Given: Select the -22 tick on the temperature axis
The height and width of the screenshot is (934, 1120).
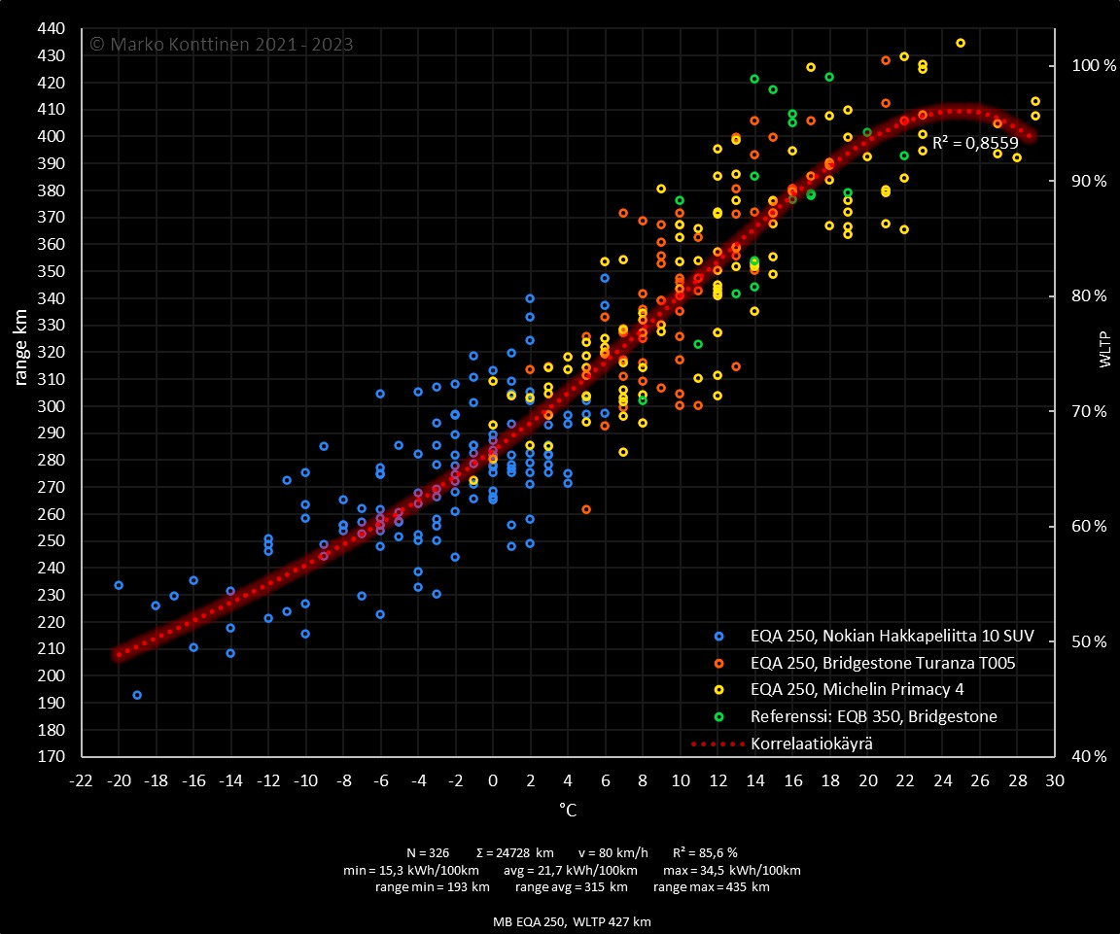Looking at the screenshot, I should [x=81, y=780].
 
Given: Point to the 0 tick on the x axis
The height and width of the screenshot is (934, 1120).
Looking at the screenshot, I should [x=493, y=780].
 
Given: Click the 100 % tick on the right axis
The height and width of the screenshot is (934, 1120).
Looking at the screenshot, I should [x=1088, y=65].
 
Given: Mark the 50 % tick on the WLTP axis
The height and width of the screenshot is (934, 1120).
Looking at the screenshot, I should [x=1088, y=641].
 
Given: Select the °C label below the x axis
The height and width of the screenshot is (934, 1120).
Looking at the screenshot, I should [x=568, y=809].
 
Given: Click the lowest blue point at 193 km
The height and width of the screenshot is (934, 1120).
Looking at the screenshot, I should [x=137, y=695].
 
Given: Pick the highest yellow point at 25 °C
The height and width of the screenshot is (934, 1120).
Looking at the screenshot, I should [x=961, y=43].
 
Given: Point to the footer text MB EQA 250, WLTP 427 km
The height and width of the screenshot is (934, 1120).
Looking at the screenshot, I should [x=572, y=921].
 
